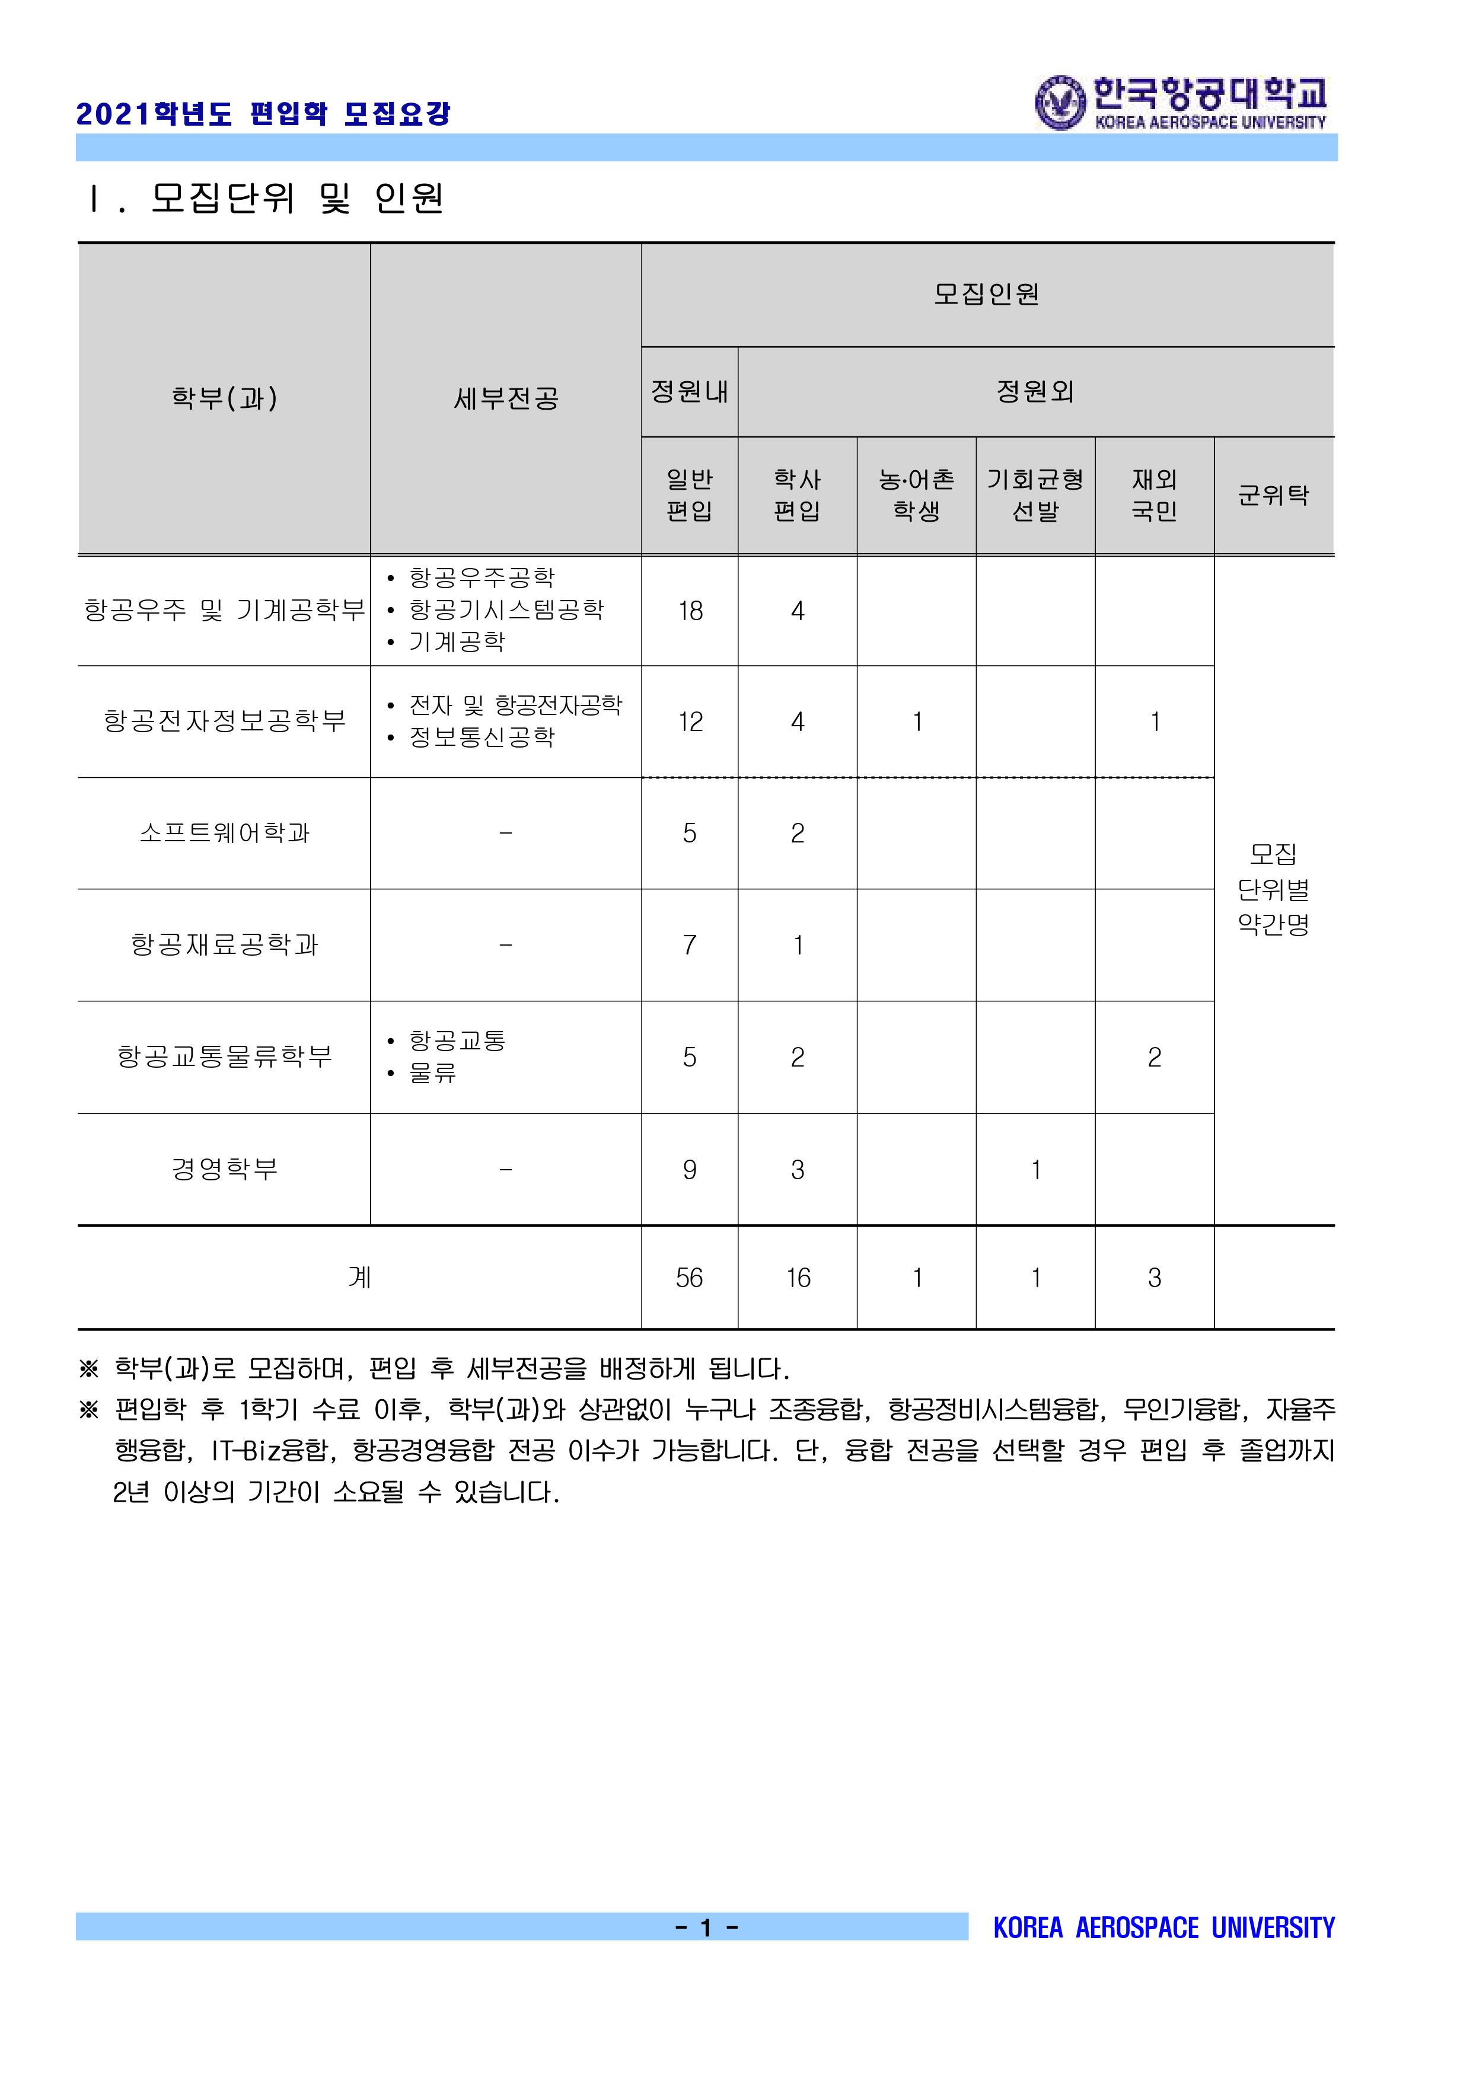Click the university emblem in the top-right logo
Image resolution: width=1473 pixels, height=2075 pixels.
(x=1060, y=103)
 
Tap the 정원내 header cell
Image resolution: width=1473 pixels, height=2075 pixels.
(x=689, y=392)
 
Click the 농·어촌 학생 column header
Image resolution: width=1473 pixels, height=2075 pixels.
(x=916, y=495)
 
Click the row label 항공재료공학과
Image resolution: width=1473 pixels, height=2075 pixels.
(x=224, y=945)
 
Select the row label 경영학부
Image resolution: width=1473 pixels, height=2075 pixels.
(x=224, y=1169)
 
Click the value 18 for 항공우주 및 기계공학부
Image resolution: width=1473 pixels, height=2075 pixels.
(x=690, y=611)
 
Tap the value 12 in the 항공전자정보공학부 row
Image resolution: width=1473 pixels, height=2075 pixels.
(x=690, y=722)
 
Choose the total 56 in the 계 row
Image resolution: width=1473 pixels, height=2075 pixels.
(x=689, y=1278)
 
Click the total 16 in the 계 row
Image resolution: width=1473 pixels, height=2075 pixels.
(x=797, y=1278)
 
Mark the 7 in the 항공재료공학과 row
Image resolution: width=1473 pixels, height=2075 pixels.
(x=689, y=945)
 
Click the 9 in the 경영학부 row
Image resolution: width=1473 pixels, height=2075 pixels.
(x=689, y=1170)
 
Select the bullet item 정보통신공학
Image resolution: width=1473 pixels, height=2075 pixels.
(x=482, y=738)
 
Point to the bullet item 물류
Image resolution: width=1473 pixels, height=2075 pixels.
(x=433, y=1073)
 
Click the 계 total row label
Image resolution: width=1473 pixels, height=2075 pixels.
(x=359, y=1278)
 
